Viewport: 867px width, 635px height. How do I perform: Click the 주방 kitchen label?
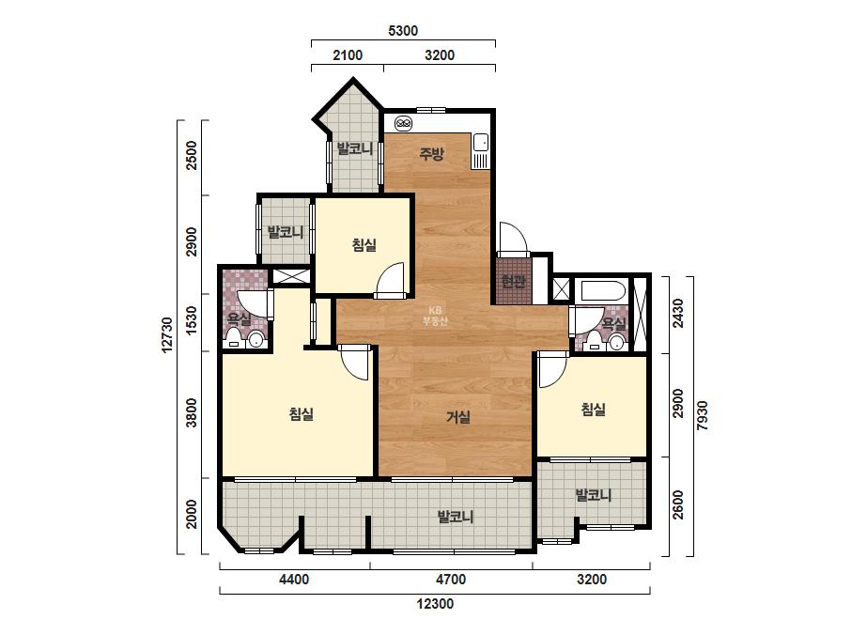[431, 153]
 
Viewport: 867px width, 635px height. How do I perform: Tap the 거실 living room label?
[458, 416]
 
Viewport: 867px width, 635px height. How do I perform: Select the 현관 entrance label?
[513, 282]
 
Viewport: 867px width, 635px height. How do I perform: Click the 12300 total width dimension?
[435, 603]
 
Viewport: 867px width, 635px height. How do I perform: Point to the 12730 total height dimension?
[167, 334]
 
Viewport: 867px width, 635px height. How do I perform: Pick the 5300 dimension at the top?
[403, 31]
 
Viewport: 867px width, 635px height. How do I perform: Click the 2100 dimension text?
[348, 55]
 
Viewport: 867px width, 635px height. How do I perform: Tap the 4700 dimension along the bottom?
[451, 580]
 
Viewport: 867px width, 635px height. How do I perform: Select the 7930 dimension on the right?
[702, 415]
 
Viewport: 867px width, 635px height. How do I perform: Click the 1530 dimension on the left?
[192, 320]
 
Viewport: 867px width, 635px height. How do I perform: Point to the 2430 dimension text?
[678, 313]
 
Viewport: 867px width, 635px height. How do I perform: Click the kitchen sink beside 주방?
[480, 150]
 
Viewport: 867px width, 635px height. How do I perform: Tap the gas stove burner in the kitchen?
[404, 123]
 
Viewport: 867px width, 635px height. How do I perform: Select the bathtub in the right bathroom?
[600, 291]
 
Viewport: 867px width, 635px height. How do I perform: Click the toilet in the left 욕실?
[235, 337]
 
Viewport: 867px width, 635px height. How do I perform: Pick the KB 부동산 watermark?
[434, 316]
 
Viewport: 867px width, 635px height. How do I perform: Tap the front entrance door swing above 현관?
[513, 237]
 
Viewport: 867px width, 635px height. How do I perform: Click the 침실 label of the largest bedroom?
[302, 413]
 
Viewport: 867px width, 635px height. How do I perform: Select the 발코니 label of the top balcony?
[354, 148]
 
